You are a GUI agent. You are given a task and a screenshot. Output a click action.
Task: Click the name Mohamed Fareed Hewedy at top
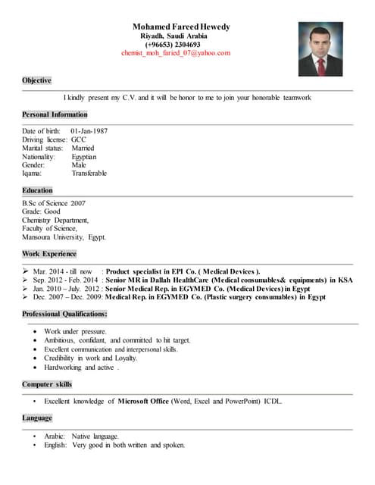click(181, 27)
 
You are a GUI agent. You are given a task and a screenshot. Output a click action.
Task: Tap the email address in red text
click(176, 54)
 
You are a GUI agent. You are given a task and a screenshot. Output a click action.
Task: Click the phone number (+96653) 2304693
click(173, 45)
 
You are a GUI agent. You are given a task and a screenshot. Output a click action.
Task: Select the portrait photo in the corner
click(320, 48)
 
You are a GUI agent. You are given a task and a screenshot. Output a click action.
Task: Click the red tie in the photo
click(321, 65)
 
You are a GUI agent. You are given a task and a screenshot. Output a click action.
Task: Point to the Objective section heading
click(36, 80)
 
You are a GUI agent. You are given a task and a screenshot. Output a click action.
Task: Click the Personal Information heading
click(55, 114)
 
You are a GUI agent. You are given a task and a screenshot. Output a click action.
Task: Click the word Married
click(83, 148)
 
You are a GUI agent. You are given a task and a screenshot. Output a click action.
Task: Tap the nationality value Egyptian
click(84, 157)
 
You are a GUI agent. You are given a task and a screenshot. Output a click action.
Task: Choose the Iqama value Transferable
click(89, 174)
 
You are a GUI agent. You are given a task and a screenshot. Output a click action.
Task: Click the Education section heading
click(37, 190)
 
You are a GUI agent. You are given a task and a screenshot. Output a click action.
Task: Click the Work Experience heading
click(49, 254)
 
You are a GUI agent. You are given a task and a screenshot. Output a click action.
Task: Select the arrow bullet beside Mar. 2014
click(26, 271)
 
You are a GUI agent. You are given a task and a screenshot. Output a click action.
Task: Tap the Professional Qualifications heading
click(64, 314)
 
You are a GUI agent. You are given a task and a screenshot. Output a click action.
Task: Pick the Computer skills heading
click(47, 385)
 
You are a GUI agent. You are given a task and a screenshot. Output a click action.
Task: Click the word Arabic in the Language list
click(54, 436)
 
